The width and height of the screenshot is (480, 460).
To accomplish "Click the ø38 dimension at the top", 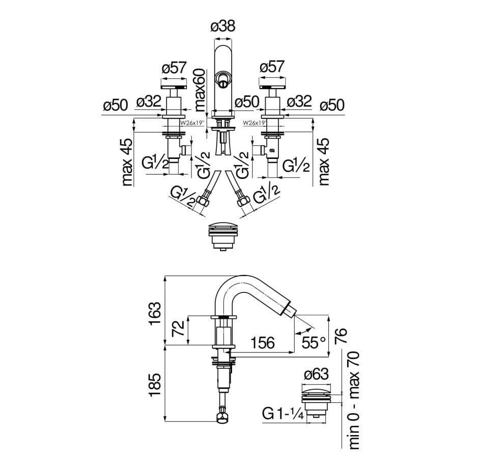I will pyautogui.click(x=223, y=26).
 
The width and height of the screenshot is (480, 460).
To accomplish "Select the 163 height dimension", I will pyautogui.click(x=156, y=314).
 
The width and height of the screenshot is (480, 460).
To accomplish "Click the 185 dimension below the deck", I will pyautogui.click(x=156, y=387).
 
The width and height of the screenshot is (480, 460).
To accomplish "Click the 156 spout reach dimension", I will pyautogui.click(x=262, y=343).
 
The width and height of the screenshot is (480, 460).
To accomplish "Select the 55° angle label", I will pyautogui.click(x=314, y=342).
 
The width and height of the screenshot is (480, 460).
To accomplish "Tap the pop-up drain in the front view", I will pyautogui.click(x=223, y=235).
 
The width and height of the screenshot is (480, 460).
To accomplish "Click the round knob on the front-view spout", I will pyautogui.click(x=223, y=78).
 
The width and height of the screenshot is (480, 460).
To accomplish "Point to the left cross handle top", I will pyautogui.click(x=174, y=87).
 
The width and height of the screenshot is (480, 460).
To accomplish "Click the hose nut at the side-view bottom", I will pyautogui.click(x=223, y=419).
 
